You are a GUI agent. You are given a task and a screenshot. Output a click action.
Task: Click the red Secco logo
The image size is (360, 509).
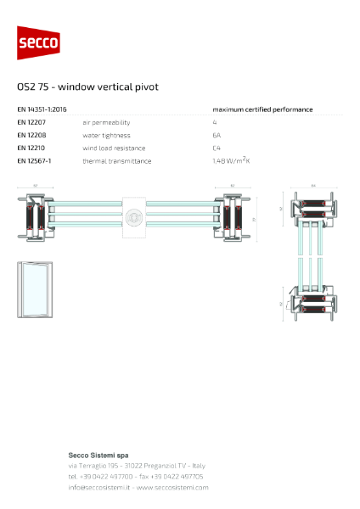(38, 42)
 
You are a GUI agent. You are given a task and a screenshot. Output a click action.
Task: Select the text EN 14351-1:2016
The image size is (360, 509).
(42, 109)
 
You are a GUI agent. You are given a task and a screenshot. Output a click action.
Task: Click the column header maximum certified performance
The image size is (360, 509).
(262, 109)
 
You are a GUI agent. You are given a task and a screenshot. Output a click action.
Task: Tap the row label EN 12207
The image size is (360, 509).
(31, 122)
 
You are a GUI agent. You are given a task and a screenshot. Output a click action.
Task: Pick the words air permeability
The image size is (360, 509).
(104, 122)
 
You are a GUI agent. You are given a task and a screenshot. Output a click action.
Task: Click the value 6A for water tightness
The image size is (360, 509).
(217, 135)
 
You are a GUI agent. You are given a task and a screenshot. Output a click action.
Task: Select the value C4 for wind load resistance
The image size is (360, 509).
(217, 148)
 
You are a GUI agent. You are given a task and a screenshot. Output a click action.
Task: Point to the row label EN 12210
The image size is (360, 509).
(31, 148)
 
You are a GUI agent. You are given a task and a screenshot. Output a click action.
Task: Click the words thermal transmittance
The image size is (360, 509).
(116, 160)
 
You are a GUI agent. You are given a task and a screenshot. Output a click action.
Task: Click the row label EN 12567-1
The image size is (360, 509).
(35, 160)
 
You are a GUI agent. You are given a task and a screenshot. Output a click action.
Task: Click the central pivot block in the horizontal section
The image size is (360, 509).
(133, 219)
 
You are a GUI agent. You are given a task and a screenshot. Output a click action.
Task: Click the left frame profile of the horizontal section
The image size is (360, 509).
(37, 218)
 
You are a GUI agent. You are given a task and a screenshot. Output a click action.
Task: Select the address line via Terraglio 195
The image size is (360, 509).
(137, 466)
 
